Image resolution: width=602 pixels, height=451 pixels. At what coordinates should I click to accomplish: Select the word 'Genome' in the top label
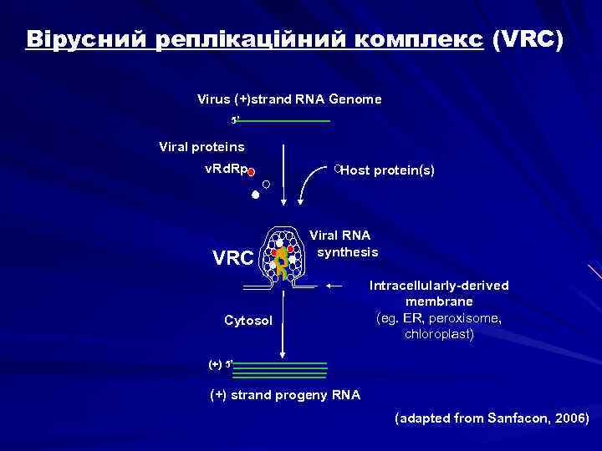point(355,99)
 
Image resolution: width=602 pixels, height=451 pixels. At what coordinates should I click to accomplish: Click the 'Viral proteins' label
point(202,147)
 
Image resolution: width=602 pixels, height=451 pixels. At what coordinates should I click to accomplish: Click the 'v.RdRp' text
point(226,170)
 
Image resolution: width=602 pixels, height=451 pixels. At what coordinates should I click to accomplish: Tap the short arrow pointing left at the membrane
point(335,286)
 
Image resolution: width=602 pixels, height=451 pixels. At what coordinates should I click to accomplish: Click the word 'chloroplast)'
point(439,334)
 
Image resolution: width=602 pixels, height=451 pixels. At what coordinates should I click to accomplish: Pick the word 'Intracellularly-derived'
point(439,286)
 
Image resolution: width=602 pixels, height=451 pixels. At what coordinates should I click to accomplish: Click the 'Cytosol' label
point(248,320)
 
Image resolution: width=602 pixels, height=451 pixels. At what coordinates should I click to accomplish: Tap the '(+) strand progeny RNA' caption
point(284,395)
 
